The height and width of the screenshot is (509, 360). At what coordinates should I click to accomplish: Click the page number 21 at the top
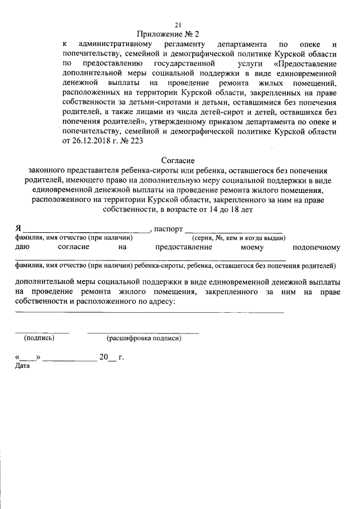(x=178, y=24)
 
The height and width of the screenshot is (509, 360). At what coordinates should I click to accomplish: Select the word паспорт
(x=168, y=229)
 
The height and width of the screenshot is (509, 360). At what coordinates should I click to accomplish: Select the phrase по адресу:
(x=156, y=301)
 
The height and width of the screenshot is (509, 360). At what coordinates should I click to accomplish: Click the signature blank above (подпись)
(x=42, y=332)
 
